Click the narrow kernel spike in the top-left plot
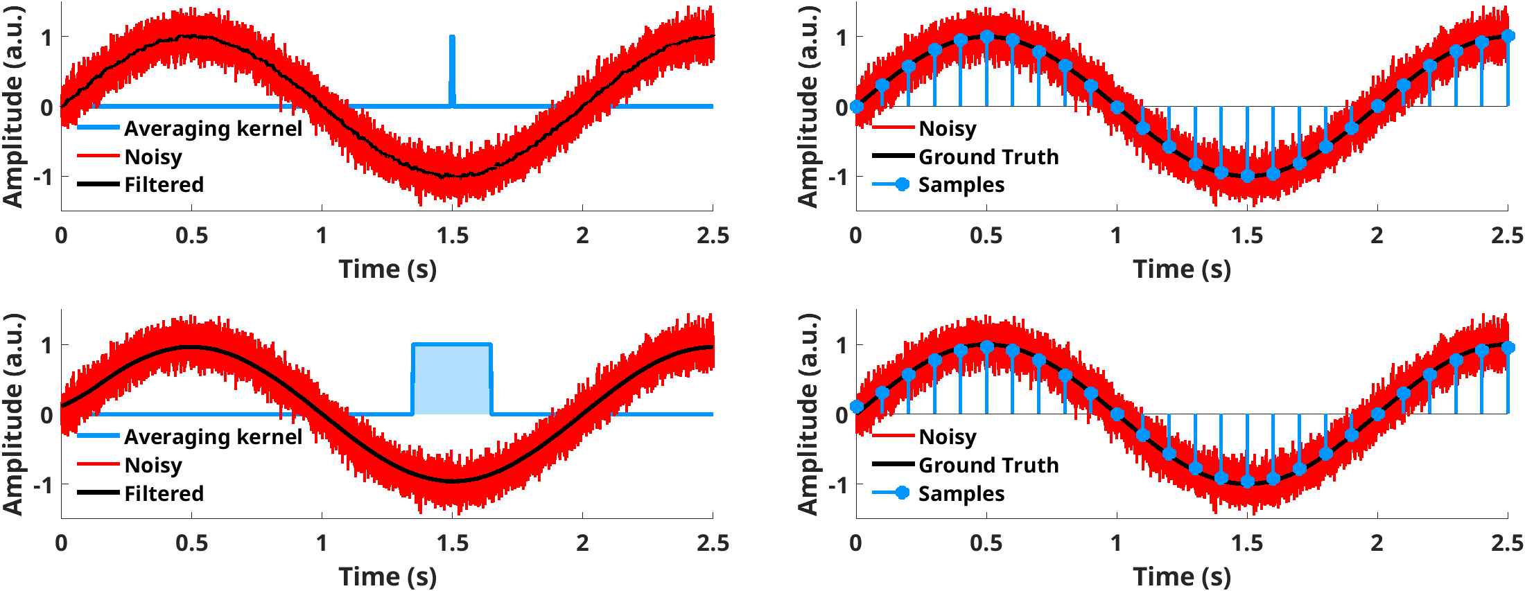click(453, 69)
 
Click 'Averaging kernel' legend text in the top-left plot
click(213, 129)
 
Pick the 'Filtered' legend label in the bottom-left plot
click(164, 493)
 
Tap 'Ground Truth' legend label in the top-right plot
click(988, 157)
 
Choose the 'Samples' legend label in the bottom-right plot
click(961, 493)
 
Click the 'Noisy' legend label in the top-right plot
click(948, 129)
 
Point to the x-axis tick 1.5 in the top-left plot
click(453, 236)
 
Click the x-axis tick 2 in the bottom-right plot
click(1377, 543)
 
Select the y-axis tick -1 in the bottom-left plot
click(43, 485)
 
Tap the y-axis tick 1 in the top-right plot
click(841, 37)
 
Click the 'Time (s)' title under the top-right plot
click(1182, 269)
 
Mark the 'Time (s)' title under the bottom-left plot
click(387, 576)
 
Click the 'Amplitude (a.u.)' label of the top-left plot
click(13, 106)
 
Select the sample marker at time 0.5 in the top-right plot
click(987, 37)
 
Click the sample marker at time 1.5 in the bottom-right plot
click(1247, 482)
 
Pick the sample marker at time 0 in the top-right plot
click(857, 106)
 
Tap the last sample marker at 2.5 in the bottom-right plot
click(1508, 347)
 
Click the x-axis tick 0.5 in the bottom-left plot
click(191, 543)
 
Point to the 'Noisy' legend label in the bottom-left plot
click(153, 465)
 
